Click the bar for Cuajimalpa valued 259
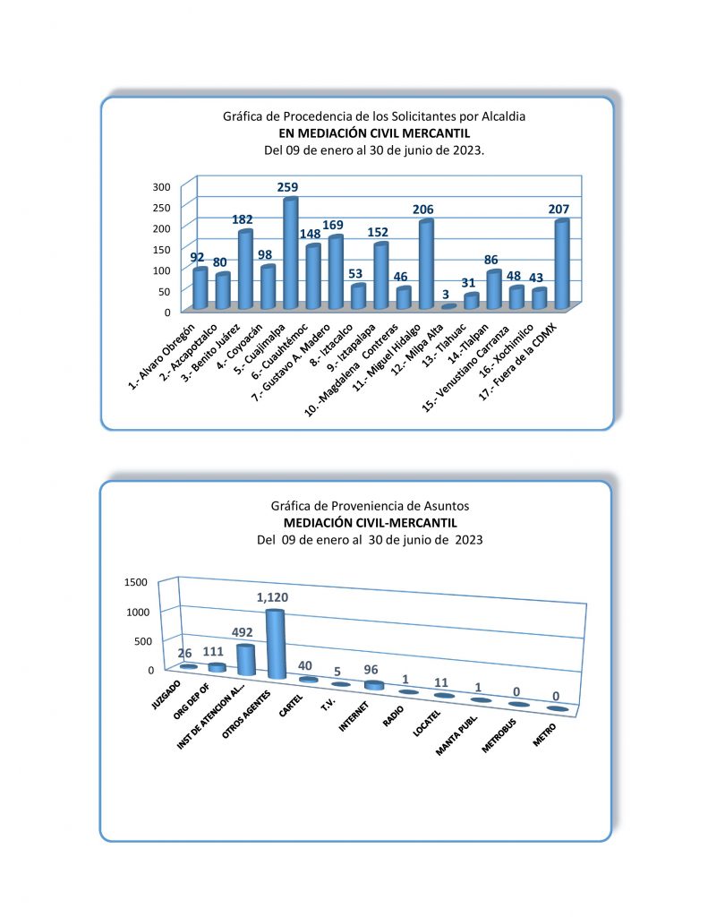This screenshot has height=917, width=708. pos(290,253)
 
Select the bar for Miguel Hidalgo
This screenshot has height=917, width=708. pos(426,264)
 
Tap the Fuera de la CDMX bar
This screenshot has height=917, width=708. pos(561,264)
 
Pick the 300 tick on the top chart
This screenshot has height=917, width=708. pos(161,186)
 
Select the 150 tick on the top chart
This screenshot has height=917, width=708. pos(161,249)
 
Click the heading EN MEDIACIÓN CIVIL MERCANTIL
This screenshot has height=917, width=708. pos(374,133)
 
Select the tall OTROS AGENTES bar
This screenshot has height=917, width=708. pos(276,644)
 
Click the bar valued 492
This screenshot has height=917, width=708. pos(245,660)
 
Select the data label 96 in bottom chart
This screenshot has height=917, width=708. pos(373,669)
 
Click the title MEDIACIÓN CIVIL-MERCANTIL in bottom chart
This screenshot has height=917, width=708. pos(371,522)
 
